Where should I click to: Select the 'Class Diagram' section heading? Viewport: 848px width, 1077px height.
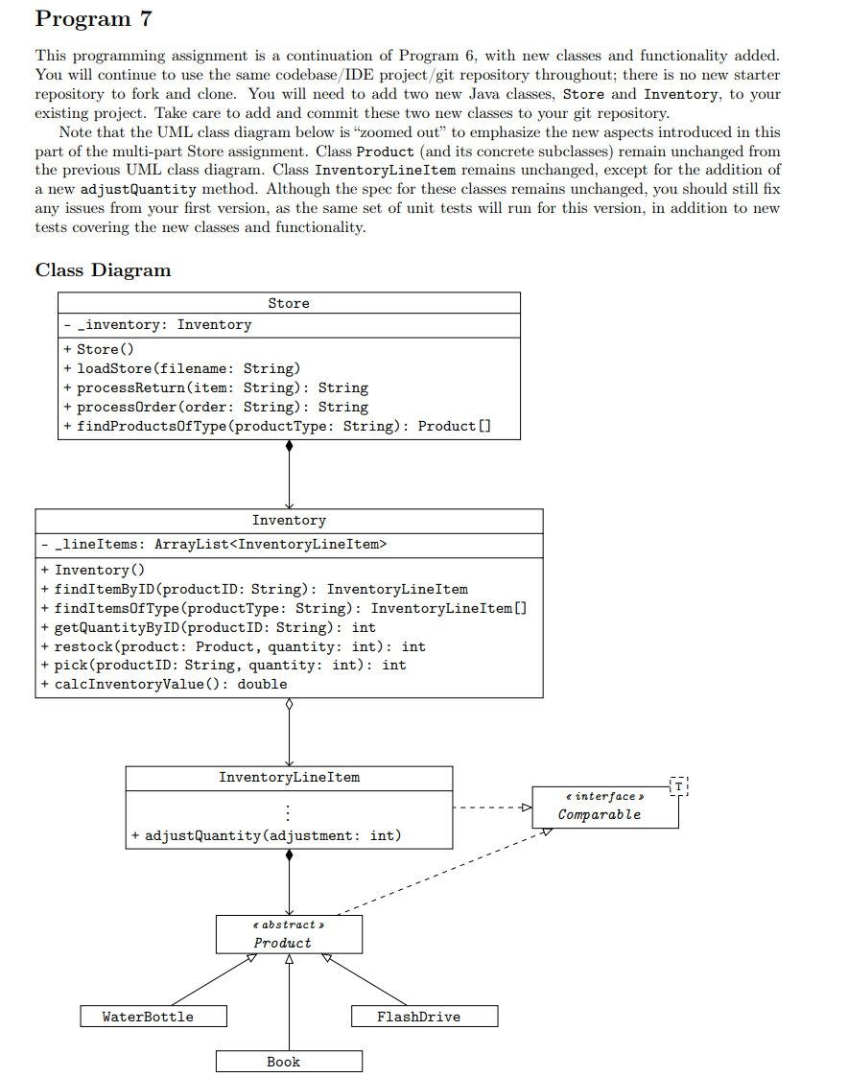coord(103,270)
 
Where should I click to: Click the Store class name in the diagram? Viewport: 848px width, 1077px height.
coord(289,303)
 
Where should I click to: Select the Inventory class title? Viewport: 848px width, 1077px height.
coord(289,520)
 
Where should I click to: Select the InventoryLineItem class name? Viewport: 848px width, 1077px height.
coord(289,777)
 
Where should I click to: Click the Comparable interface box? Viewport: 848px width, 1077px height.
coord(604,806)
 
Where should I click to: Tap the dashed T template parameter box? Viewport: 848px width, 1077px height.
coord(679,785)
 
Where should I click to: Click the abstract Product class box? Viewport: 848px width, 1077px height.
coord(289,934)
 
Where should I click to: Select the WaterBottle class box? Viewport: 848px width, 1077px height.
coord(153,1017)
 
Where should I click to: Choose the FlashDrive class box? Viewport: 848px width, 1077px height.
coord(424,1017)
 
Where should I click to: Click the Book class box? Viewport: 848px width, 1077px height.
coord(289,1062)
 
